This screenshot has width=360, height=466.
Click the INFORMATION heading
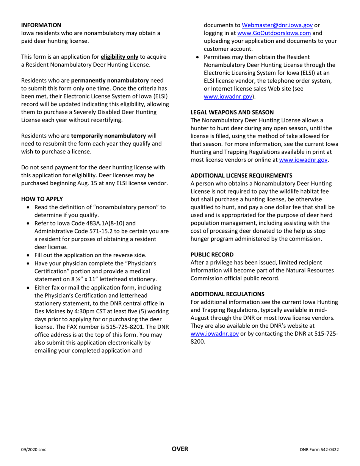tap(41, 25)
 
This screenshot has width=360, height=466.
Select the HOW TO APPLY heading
tap(42, 199)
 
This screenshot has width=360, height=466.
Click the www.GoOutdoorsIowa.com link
tap(274, 33)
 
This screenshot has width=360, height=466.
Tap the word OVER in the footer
tap(180, 449)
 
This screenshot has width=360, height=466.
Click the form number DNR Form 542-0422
tap(319, 450)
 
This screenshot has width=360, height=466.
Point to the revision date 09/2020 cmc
tap(33, 450)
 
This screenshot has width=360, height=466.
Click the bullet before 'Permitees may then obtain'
tap(197, 57)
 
